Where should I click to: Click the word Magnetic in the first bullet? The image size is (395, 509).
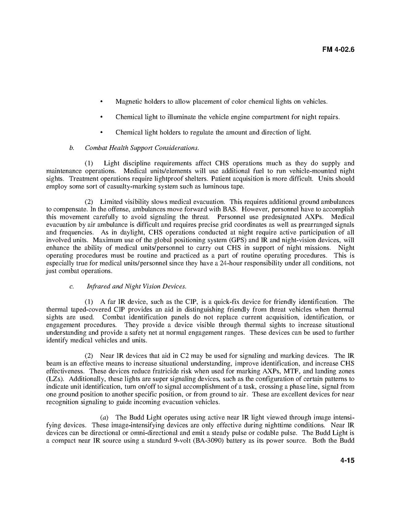coord(128,102)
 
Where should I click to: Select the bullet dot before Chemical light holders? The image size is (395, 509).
coord(101,132)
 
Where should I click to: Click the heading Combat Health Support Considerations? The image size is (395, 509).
coord(142,148)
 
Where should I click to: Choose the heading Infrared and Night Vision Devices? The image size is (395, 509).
coord(136,286)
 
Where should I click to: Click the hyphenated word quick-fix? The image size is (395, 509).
coord(216,302)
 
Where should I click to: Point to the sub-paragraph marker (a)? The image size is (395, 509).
coord(103,417)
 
